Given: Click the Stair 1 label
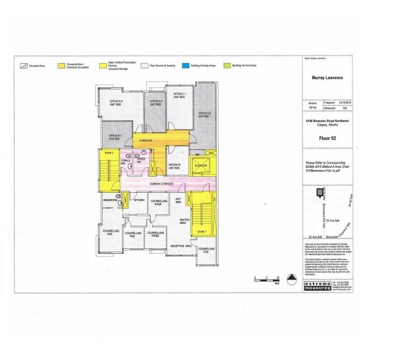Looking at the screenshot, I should coord(201,231).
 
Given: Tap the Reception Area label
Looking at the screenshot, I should coord(180,246).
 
